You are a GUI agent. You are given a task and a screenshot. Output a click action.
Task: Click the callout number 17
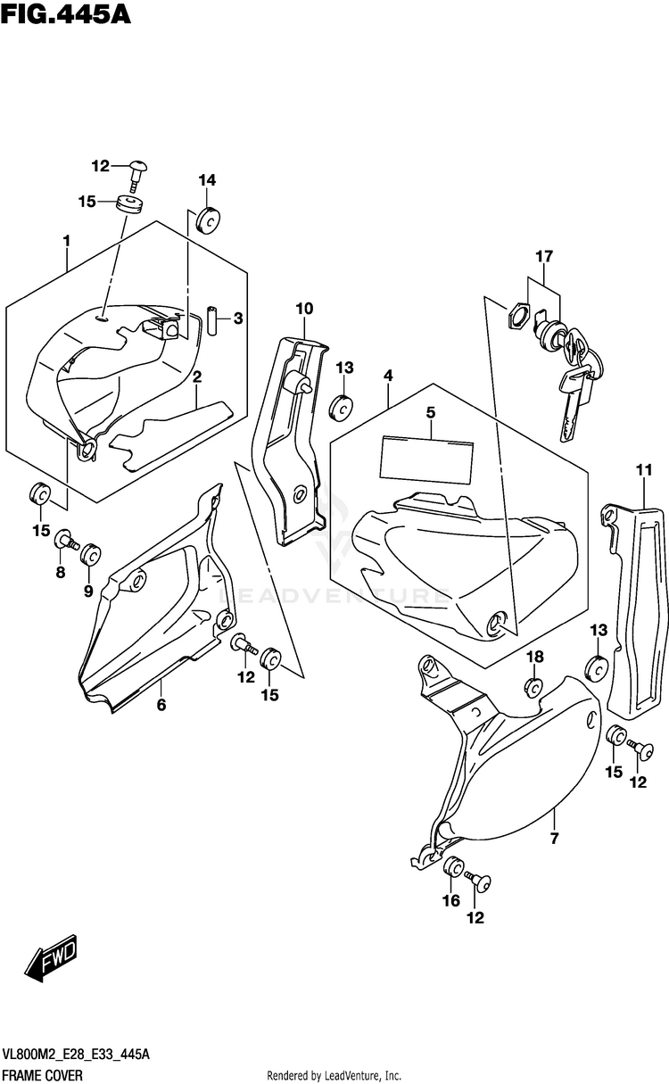[x=544, y=257]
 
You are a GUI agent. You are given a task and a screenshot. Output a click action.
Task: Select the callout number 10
[x=304, y=309]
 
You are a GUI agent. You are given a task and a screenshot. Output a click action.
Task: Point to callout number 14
[x=207, y=180]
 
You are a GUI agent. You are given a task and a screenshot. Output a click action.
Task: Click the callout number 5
[x=430, y=412]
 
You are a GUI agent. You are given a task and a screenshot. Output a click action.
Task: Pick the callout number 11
[x=643, y=470]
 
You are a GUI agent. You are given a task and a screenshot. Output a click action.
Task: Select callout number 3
[x=238, y=318]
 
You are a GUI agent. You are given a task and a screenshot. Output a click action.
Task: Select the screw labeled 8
[x=65, y=538]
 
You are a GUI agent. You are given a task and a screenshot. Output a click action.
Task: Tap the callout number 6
[x=161, y=705]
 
